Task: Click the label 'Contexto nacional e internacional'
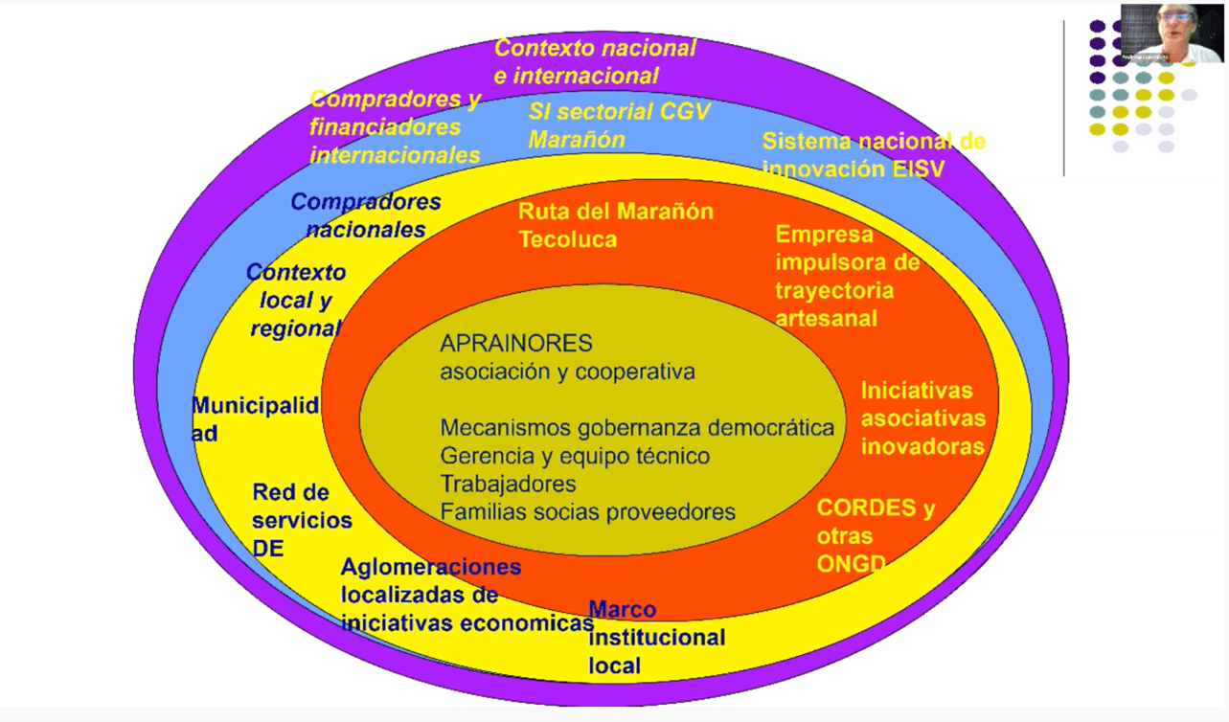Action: point(595,61)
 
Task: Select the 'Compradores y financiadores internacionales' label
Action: point(395,127)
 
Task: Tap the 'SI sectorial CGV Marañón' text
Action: point(619,125)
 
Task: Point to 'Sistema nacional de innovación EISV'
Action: point(873,155)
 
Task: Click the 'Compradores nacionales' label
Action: point(366,215)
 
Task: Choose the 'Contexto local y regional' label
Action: point(295,300)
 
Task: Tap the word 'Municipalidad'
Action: point(255,419)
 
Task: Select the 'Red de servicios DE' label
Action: point(302,520)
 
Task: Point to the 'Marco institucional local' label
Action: point(656,637)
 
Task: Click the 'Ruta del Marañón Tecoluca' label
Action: point(615,225)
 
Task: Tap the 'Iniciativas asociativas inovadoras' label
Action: point(922,418)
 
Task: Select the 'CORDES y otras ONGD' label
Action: point(875,535)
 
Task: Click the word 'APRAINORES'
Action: point(516,344)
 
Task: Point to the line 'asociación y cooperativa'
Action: point(567,372)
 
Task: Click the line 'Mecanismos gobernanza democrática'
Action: point(636,428)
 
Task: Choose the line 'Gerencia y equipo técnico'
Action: point(575,456)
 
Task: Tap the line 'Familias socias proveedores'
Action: point(587,512)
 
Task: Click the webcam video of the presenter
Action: point(1171,34)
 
